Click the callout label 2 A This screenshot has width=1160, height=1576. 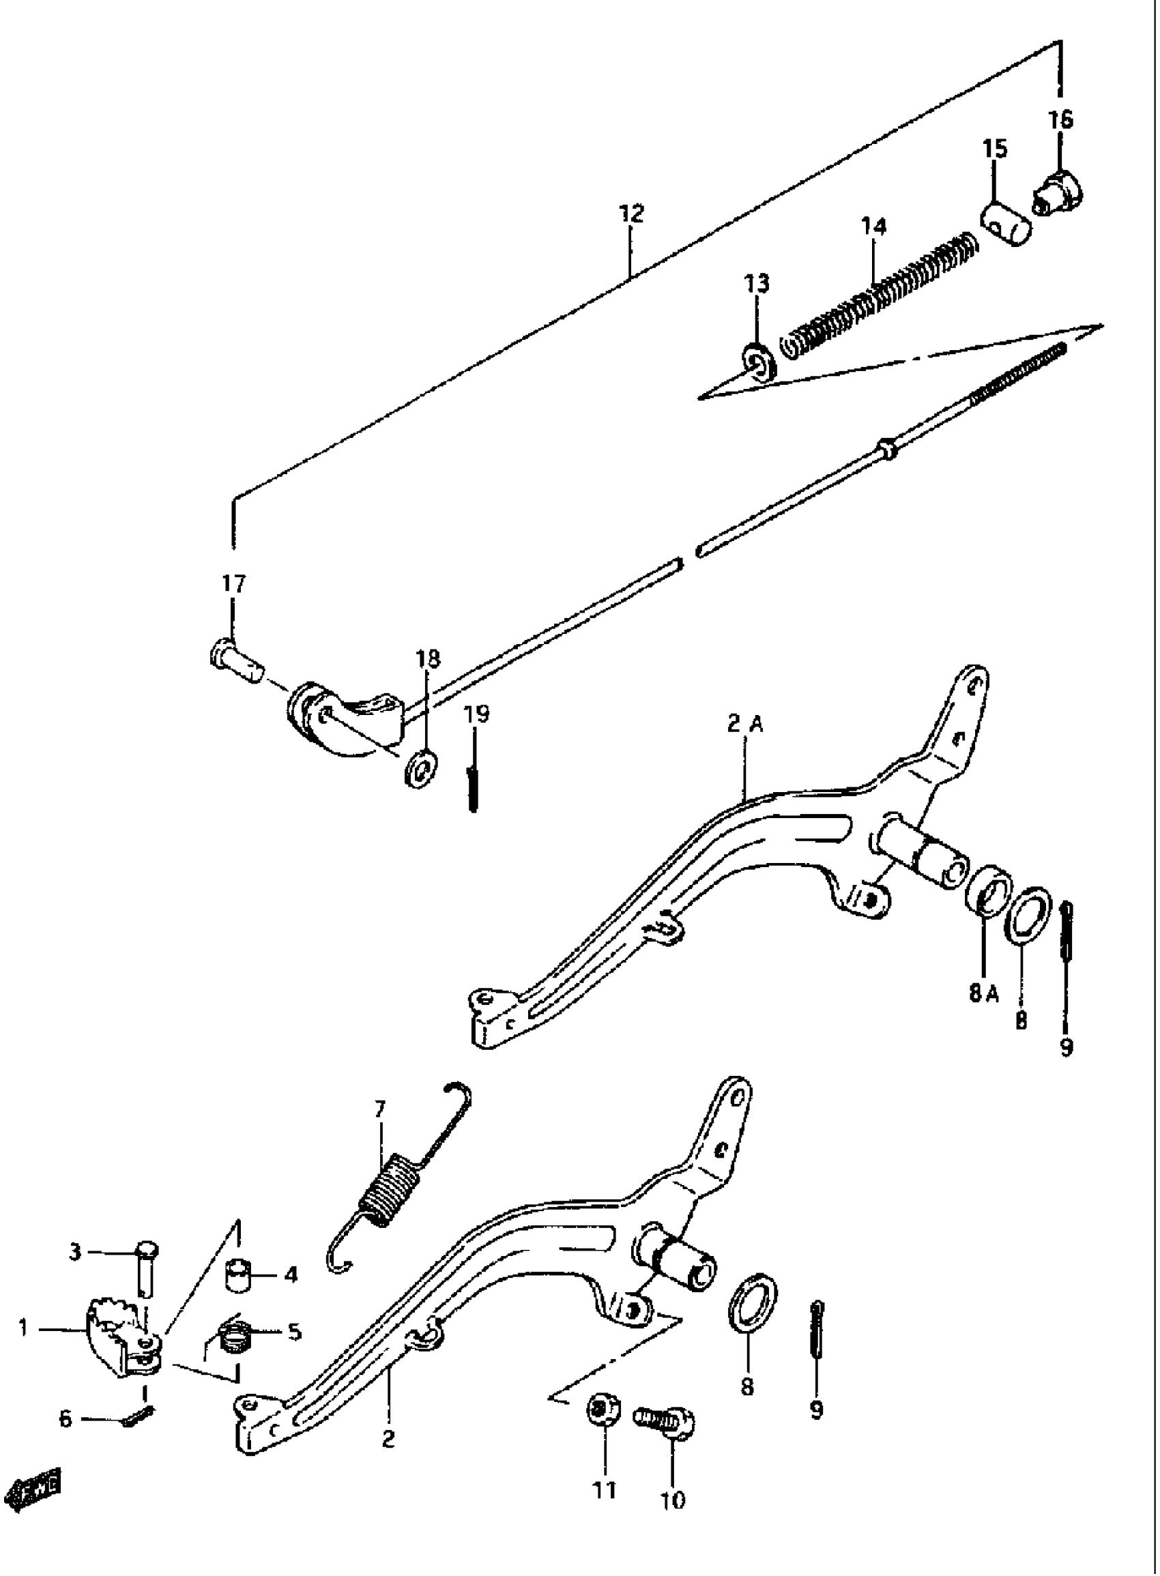coord(744,725)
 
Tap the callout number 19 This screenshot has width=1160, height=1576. coord(478,714)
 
